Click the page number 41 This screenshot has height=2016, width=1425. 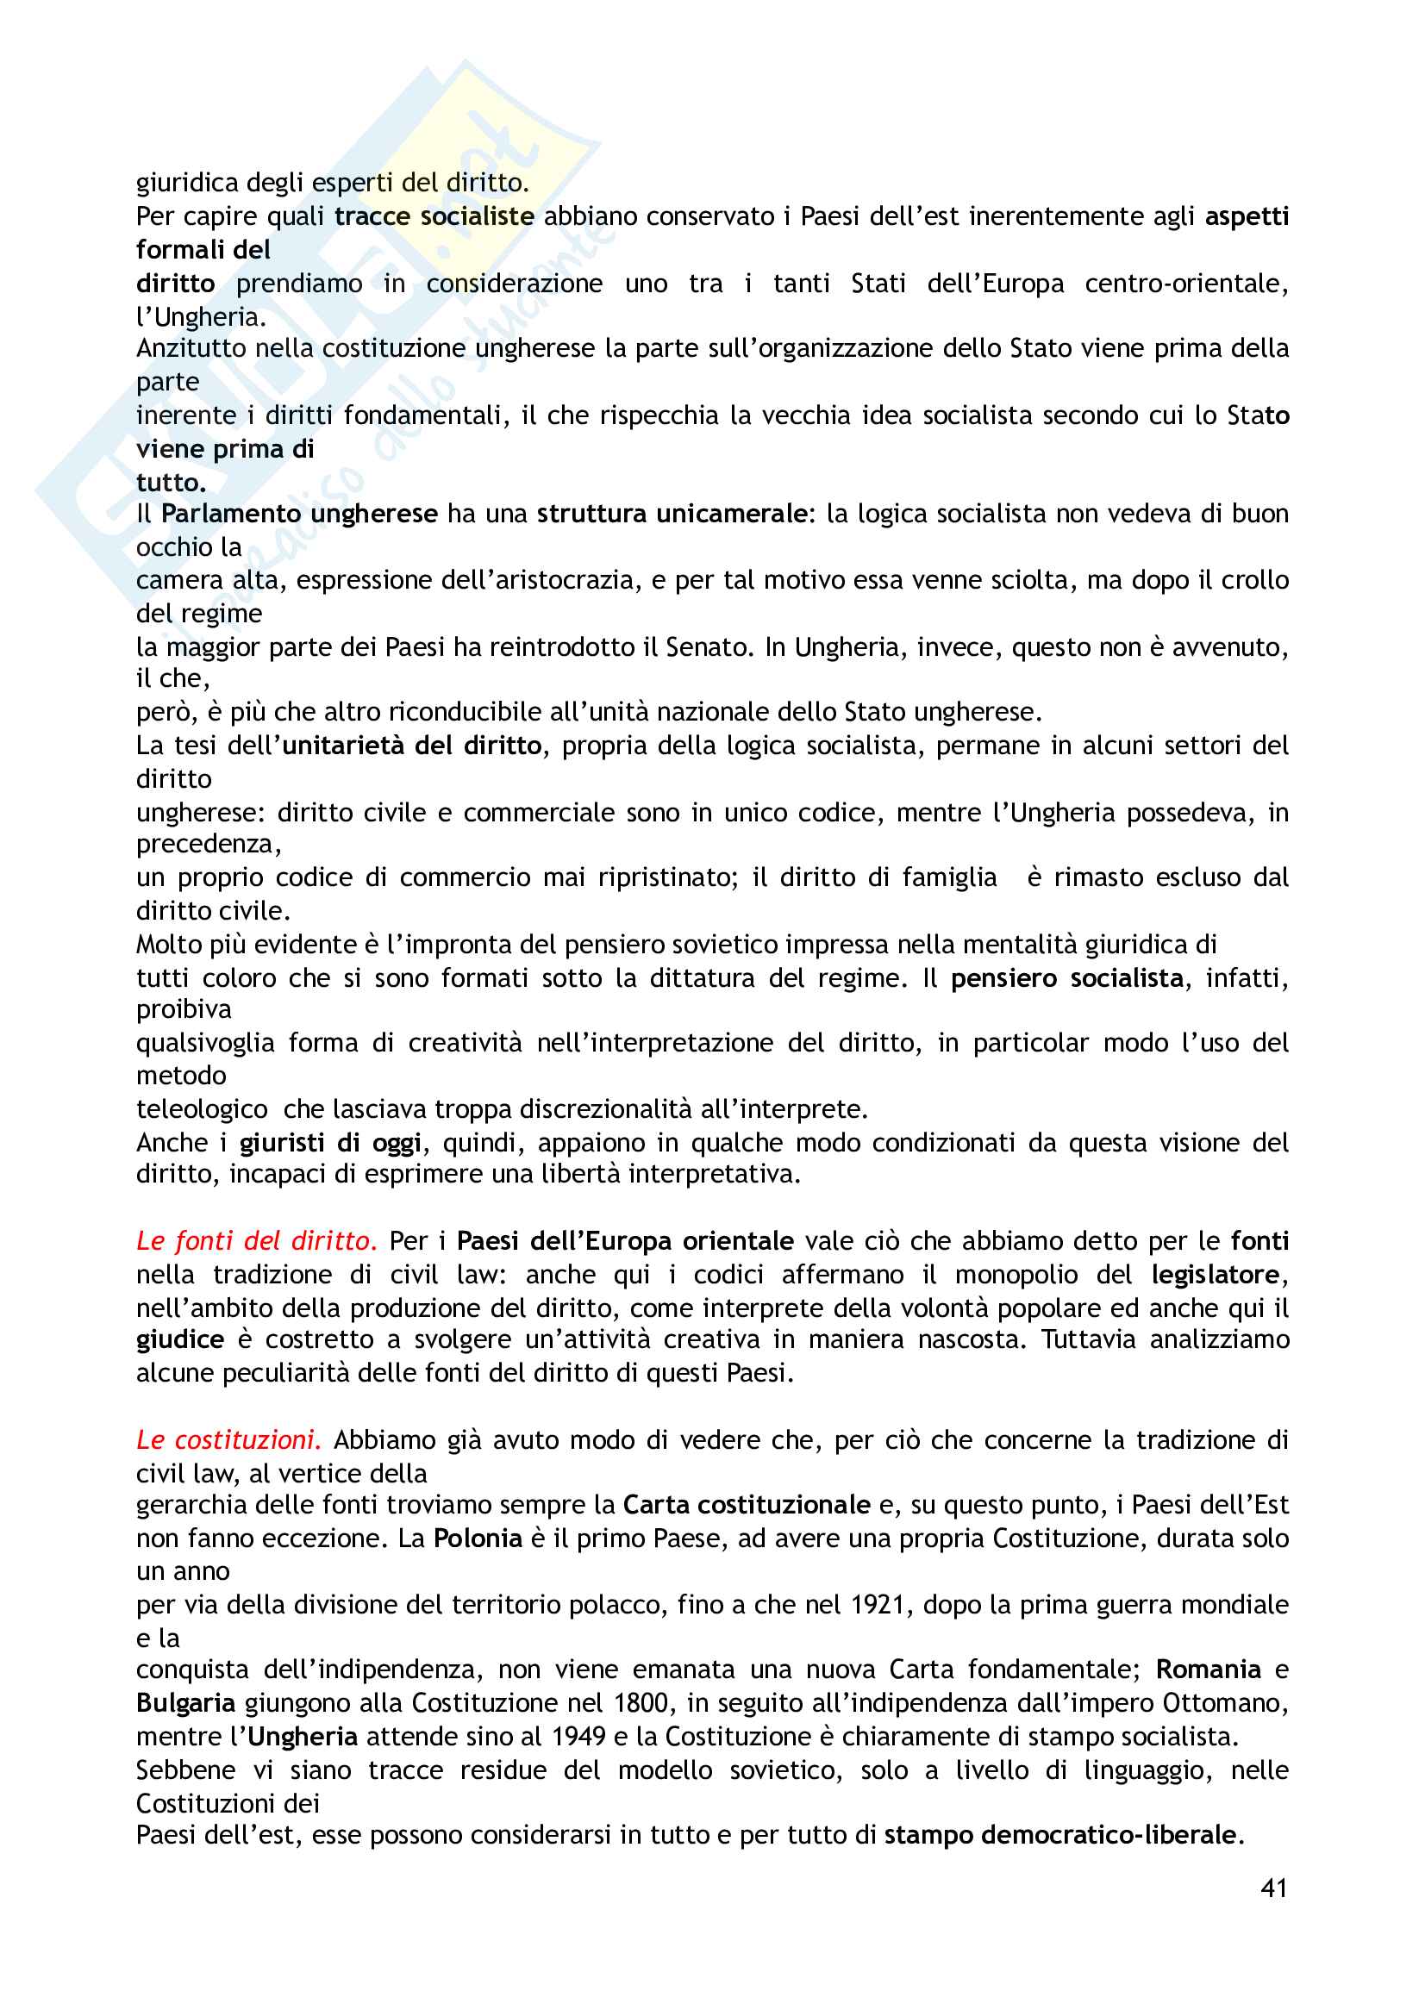[1273, 1888]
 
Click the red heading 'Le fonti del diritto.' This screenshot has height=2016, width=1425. [256, 1240]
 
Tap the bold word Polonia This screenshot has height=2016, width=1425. [478, 1539]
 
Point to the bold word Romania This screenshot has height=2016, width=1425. [1208, 1670]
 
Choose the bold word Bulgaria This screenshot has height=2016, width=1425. [185, 1702]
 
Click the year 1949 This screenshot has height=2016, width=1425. [578, 1736]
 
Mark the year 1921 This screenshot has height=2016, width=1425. [878, 1604]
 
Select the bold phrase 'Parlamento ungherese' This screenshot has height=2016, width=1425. [299, 514]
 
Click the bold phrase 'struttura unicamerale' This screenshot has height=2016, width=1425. [672, 514]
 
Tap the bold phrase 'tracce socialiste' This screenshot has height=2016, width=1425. [434, 216]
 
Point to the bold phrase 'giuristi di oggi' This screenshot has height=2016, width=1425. [330, 1142]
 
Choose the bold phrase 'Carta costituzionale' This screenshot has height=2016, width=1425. [747, 1505]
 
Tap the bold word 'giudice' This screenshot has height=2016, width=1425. [180, 1340]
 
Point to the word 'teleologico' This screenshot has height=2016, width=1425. [202, 1109]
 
